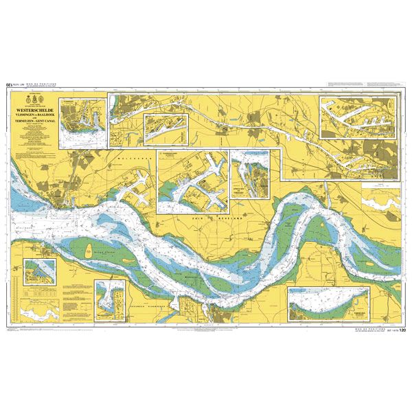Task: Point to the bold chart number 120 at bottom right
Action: click(x=402, y=330)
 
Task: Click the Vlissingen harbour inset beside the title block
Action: click(x=83, y=122)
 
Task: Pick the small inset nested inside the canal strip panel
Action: click(x=165, y=127)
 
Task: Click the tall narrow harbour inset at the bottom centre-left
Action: click(x=110, y=301)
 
